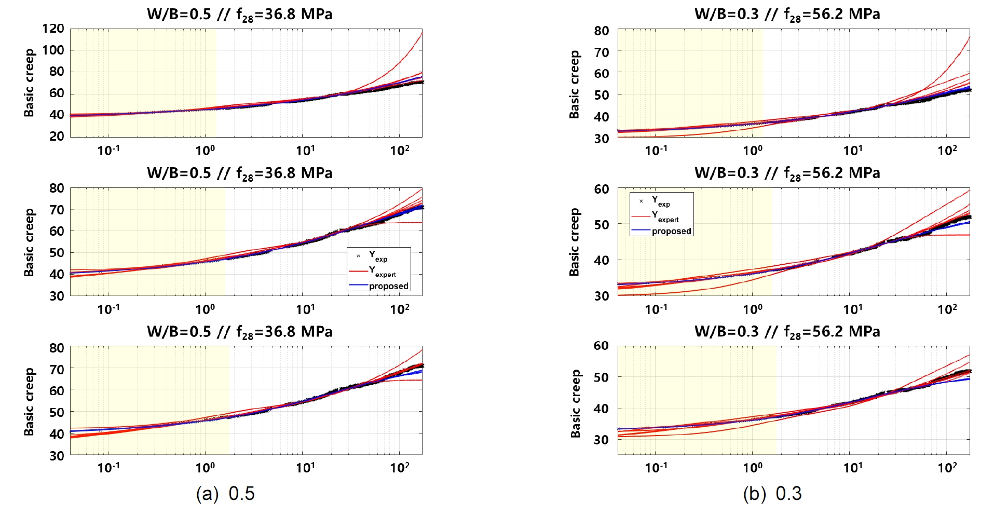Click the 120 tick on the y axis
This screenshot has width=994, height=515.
coord(53,29)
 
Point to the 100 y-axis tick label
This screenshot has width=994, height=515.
coord(53,50)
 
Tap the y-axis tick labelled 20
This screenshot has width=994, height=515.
coord(57,136)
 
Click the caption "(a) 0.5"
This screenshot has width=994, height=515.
coord(225,493)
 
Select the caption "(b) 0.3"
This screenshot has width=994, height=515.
coord(772,493)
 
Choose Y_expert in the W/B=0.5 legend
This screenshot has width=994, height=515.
coord(382,271)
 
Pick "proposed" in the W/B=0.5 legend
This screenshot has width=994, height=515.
coord(389,286)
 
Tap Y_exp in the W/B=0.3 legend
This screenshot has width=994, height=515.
coord(661,201)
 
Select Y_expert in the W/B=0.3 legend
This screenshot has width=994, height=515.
coord(665,216)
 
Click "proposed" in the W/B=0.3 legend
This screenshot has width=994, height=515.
coord(672,232)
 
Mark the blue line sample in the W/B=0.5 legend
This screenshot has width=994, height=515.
coord(358,286)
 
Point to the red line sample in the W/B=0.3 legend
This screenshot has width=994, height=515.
coord(641,216)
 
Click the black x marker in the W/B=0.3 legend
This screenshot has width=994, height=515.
coord(641,201)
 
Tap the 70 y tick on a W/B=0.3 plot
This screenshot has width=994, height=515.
coord(602,52)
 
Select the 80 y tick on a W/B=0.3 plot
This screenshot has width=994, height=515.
coord(602,31)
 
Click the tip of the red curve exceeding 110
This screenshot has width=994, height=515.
coord(421,33)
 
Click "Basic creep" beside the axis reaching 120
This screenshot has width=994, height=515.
coord(30,83)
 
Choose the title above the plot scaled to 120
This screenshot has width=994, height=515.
coord(240,15)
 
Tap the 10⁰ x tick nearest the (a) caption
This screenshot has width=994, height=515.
coord(205,468)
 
